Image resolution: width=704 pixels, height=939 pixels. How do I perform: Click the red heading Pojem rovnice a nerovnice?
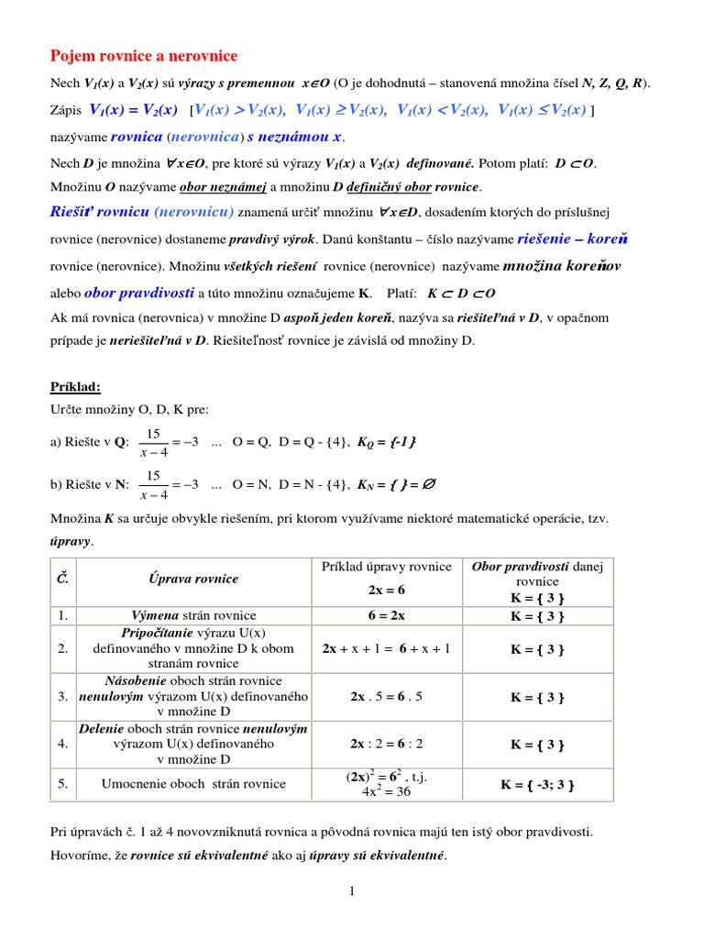point(143,56)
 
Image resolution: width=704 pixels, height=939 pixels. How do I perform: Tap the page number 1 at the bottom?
point(351,892)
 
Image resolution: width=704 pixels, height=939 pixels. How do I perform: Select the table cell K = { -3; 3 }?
point(537,784)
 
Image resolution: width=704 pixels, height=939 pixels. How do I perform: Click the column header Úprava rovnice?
point(193,579)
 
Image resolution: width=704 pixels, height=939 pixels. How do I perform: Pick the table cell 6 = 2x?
point(386,615)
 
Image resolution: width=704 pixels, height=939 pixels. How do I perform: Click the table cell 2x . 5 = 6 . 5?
point(386,696)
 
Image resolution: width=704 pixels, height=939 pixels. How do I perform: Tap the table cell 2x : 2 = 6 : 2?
point(386,744)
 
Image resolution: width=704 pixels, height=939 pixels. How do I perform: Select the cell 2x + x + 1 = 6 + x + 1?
point(386,648)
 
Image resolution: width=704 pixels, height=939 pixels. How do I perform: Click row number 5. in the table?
point(62,784)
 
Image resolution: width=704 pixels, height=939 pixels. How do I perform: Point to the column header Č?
point(62,579)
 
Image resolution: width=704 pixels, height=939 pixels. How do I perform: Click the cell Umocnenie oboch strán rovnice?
point(193,784)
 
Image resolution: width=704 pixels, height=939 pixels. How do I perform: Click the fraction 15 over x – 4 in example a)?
point(153,442)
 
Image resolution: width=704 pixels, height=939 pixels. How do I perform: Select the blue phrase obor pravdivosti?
point(139,293)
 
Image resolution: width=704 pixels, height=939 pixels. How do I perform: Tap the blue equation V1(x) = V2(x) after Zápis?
point(133,110)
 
